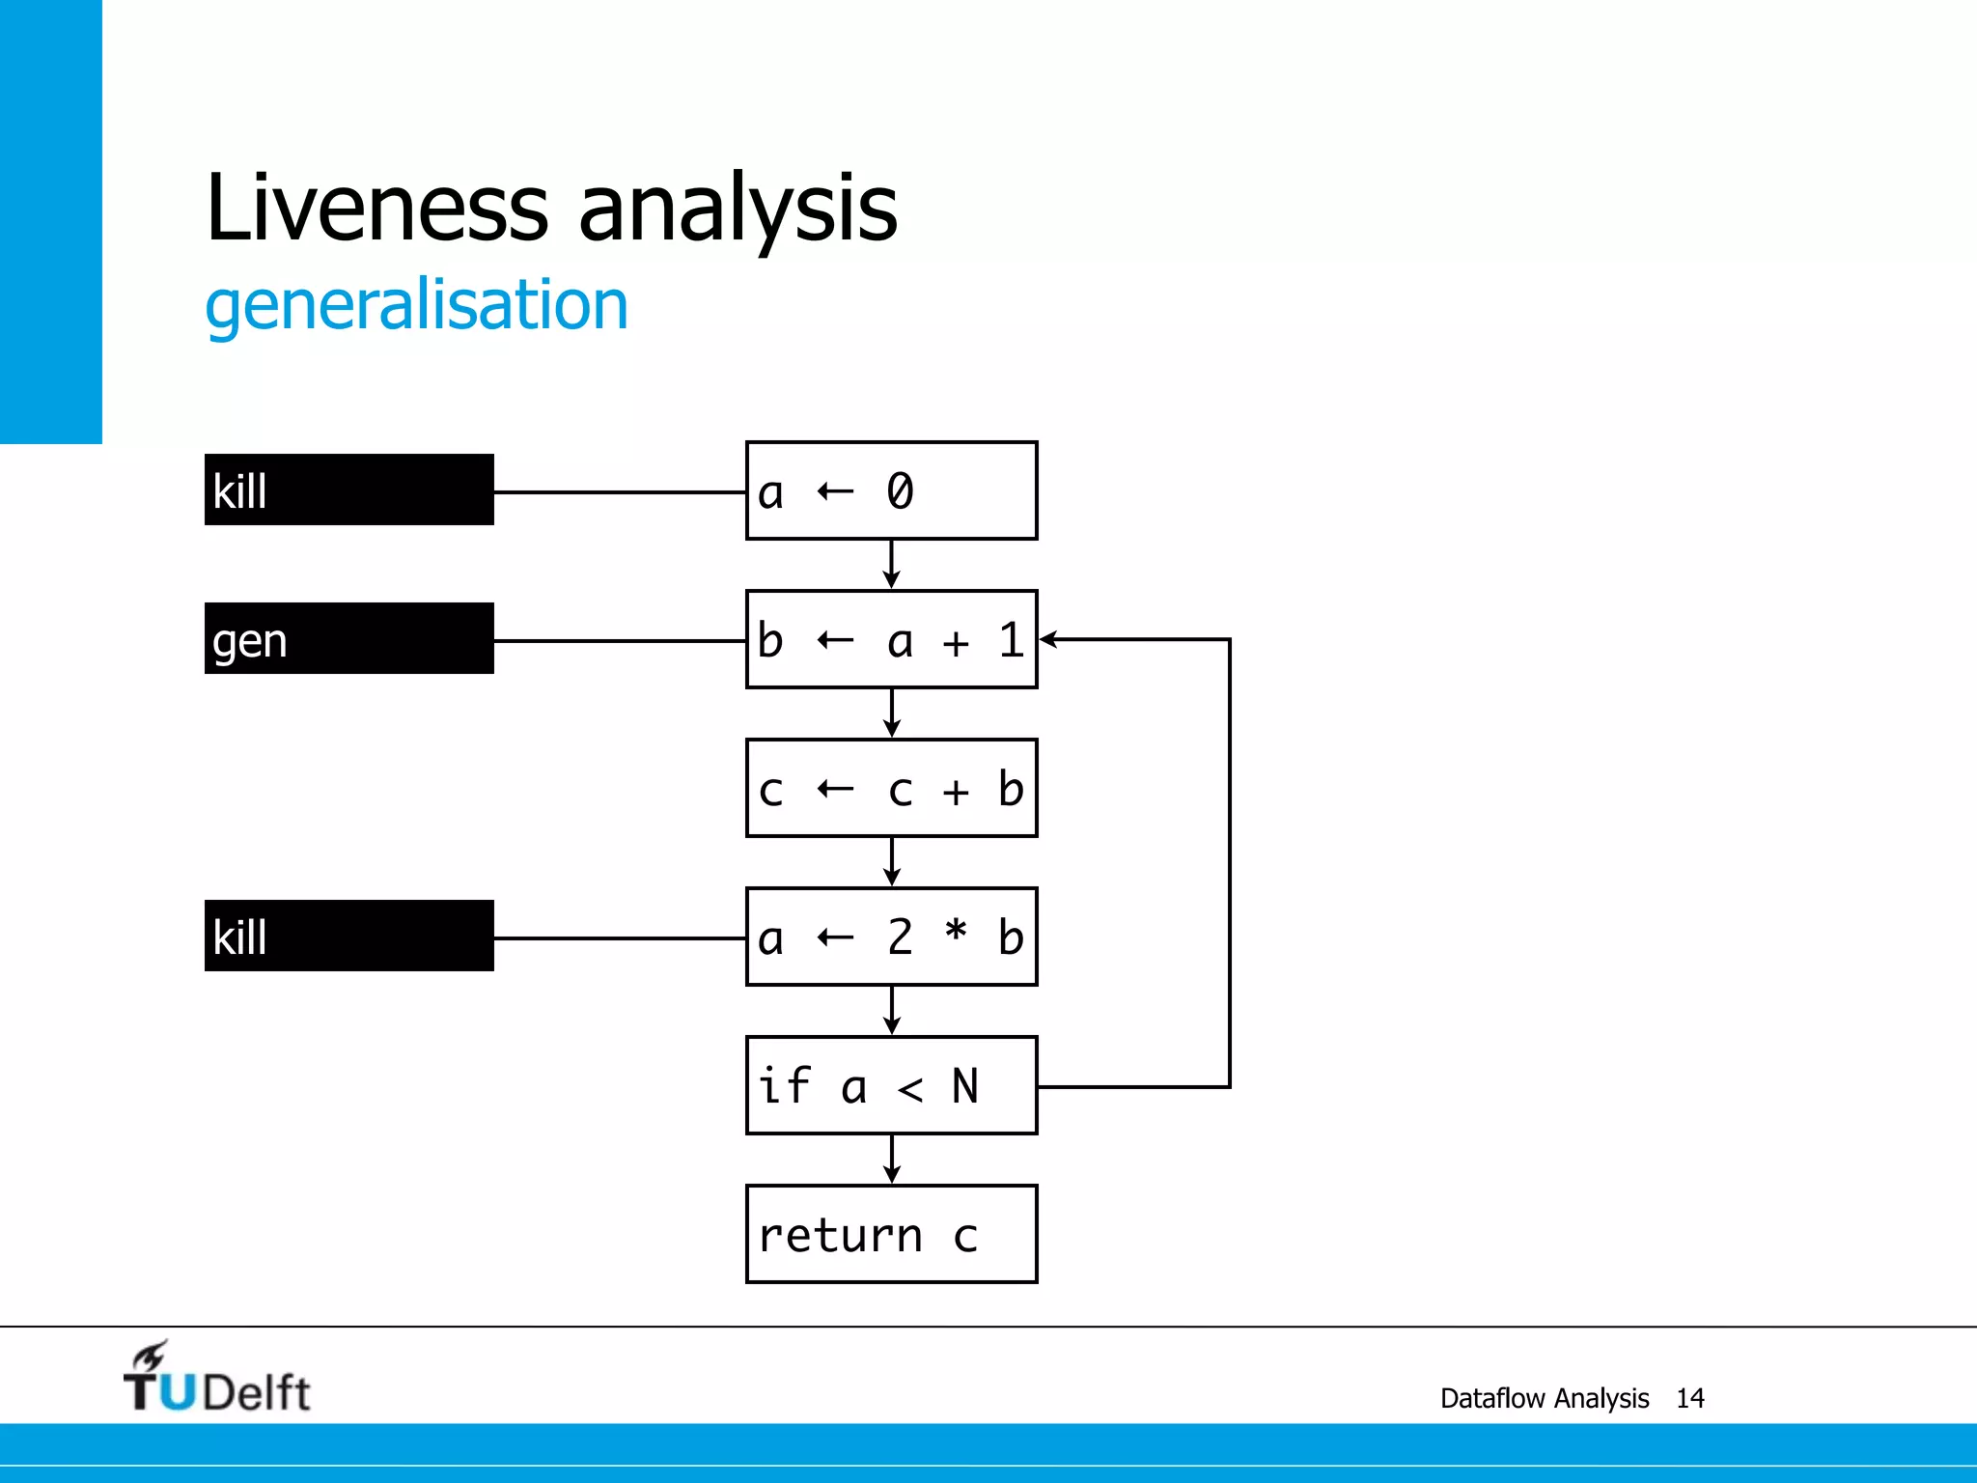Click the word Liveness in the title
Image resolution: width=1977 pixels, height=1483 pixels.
coord(376,208)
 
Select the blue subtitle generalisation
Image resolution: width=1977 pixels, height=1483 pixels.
coord(416,306)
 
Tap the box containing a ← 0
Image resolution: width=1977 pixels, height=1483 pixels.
coord(891,490)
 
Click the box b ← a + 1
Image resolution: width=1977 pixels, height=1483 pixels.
coord(891,639)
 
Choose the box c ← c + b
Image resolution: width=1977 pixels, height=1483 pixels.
coord(891,788)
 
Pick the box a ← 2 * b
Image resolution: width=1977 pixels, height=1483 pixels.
coord(891,937)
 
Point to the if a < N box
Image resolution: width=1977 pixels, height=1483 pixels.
coord(891,1085)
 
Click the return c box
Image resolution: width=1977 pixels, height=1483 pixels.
coord(891,1234)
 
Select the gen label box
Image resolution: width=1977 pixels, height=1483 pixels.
coord(348,639)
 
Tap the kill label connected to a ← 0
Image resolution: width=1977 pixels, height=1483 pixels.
coord(348,490)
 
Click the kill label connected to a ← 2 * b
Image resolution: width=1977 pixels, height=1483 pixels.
coord(348,937)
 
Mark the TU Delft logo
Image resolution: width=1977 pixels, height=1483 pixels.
coord(216,1379)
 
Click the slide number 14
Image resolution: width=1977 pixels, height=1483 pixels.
coord(1690,1398)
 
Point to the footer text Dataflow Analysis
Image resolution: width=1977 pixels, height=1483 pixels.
coord(1545,1398)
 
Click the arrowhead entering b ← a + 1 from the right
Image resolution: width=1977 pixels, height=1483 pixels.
coord(1048,639)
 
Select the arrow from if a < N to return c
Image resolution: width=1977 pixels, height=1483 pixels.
coord(892,1159)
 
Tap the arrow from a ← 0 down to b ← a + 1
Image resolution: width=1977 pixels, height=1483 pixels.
coord(892,564)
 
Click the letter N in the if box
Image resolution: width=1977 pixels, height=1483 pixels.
coord(965,1086)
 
